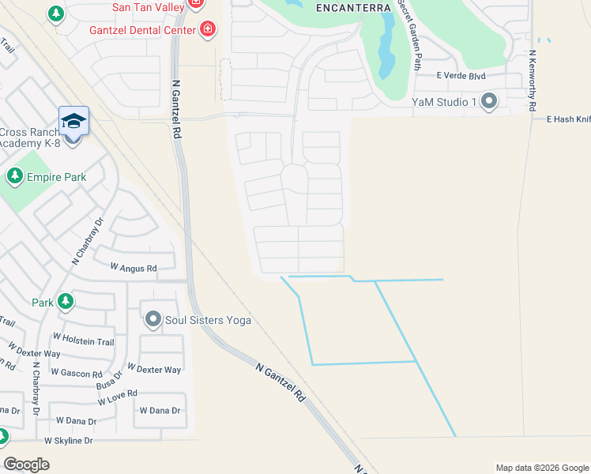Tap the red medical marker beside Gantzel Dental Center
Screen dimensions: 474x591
[x=207, y=30]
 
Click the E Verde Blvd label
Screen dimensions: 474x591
[x=461, y=77]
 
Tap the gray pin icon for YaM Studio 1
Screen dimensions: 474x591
[x=489, y=100]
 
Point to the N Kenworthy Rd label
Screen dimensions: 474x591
[x=533, y=81]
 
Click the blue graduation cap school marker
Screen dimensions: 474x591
[x=73, y=120]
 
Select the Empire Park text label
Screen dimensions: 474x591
[x=56, y=177]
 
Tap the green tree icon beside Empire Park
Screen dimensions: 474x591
[x=13, y=175]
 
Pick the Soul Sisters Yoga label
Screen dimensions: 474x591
[x=208, y=320]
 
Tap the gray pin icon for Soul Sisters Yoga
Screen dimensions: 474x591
[x=152, y=320]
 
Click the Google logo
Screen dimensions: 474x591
[x=27, y=465]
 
